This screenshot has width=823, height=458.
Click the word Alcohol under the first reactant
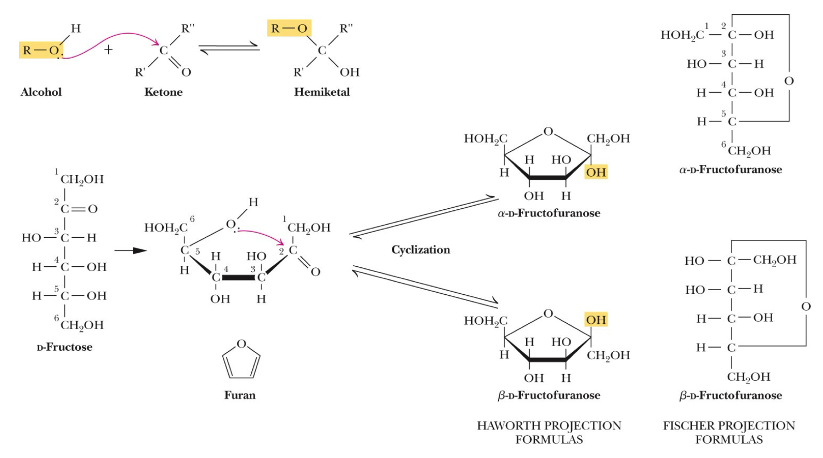[41, 92]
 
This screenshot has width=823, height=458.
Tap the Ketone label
[163, 92]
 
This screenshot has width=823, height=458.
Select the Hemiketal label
[322, 92]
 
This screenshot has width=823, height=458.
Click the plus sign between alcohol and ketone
[108, 50]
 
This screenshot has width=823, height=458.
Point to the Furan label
[239, 395]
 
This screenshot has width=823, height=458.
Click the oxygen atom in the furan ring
[241, 344]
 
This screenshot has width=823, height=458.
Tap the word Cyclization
[420, 250]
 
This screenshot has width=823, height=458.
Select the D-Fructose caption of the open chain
[64, 347]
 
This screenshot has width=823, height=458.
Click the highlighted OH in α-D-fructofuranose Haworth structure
[595, 173]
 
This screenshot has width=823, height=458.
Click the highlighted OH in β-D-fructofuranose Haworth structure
[595, 320]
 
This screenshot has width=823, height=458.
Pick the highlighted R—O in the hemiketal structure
[289, 28]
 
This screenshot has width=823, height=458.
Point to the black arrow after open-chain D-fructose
[130, 251]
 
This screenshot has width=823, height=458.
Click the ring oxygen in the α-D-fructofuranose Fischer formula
[789, 81]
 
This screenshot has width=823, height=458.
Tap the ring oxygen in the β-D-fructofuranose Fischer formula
[806, 307]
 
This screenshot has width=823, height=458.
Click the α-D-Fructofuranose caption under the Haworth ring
[549, 213]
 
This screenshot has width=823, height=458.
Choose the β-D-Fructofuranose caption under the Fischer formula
[730, 396]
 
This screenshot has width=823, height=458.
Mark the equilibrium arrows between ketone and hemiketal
[229, 50]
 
